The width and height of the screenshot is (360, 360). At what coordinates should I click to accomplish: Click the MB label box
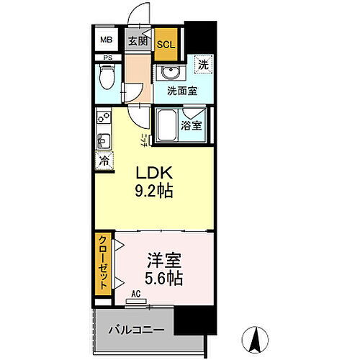[106, 41]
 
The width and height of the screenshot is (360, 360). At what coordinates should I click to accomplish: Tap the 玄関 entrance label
[138, 42]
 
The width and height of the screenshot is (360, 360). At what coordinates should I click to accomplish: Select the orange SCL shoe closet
[166, 43]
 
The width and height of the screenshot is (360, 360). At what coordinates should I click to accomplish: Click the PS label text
[107, 58]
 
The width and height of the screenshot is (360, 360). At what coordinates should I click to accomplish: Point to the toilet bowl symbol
[107, 75]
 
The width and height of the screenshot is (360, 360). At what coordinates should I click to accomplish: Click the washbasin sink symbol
[170, 73]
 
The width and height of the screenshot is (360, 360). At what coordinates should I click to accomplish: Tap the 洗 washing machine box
[204, 63]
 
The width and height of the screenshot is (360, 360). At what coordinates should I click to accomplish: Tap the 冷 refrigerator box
[104, 161]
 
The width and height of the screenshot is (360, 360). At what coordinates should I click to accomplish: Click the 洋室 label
[165, 258]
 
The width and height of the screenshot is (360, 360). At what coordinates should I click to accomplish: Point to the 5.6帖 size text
[165, 276]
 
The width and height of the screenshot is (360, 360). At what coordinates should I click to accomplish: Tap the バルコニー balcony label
[137, 330]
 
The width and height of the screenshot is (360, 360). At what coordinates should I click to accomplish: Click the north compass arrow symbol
[256, 338]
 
